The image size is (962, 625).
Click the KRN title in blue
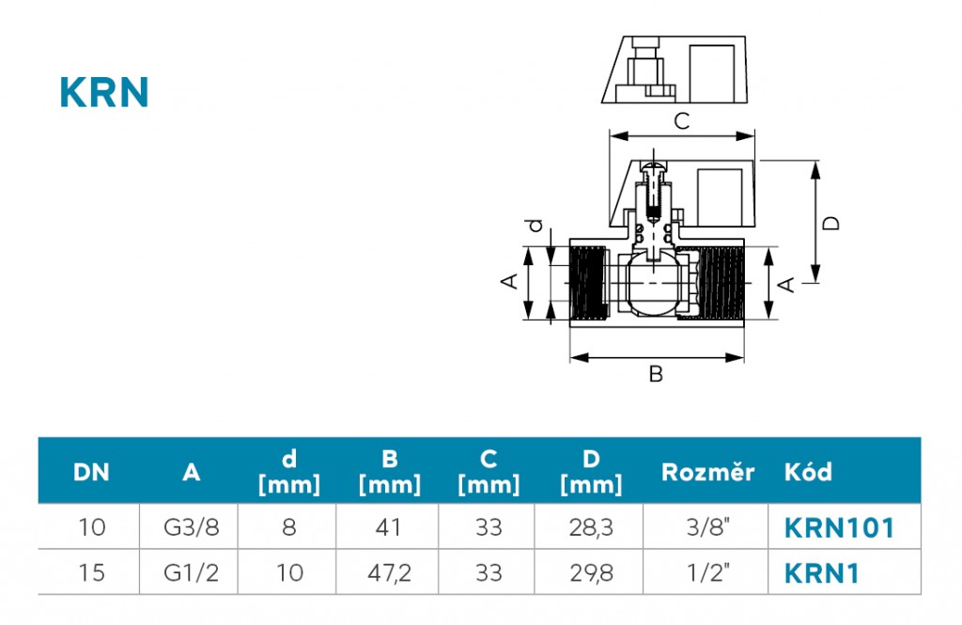pyautogui.click(x=104, y=92)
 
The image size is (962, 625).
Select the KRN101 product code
pyautogui.click(x=839, y=528)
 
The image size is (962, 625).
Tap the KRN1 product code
pyautogui.click(x=821, y=573)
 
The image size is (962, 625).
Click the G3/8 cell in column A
pyautogui.click(x=191, y=527)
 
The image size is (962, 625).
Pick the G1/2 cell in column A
pyautogui.click(x=191, y=572)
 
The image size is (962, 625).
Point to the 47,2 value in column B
pyautogui.click(x=389, y=572)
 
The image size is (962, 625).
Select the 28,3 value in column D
pyautogui.click(x=590, y=527)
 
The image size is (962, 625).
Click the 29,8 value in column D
pyautogui.click(x=590, y=572)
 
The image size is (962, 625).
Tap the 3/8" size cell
pyautogui.click(x=708, y=527)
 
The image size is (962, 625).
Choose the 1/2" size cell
pyautogui.click(x=708, y=572)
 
